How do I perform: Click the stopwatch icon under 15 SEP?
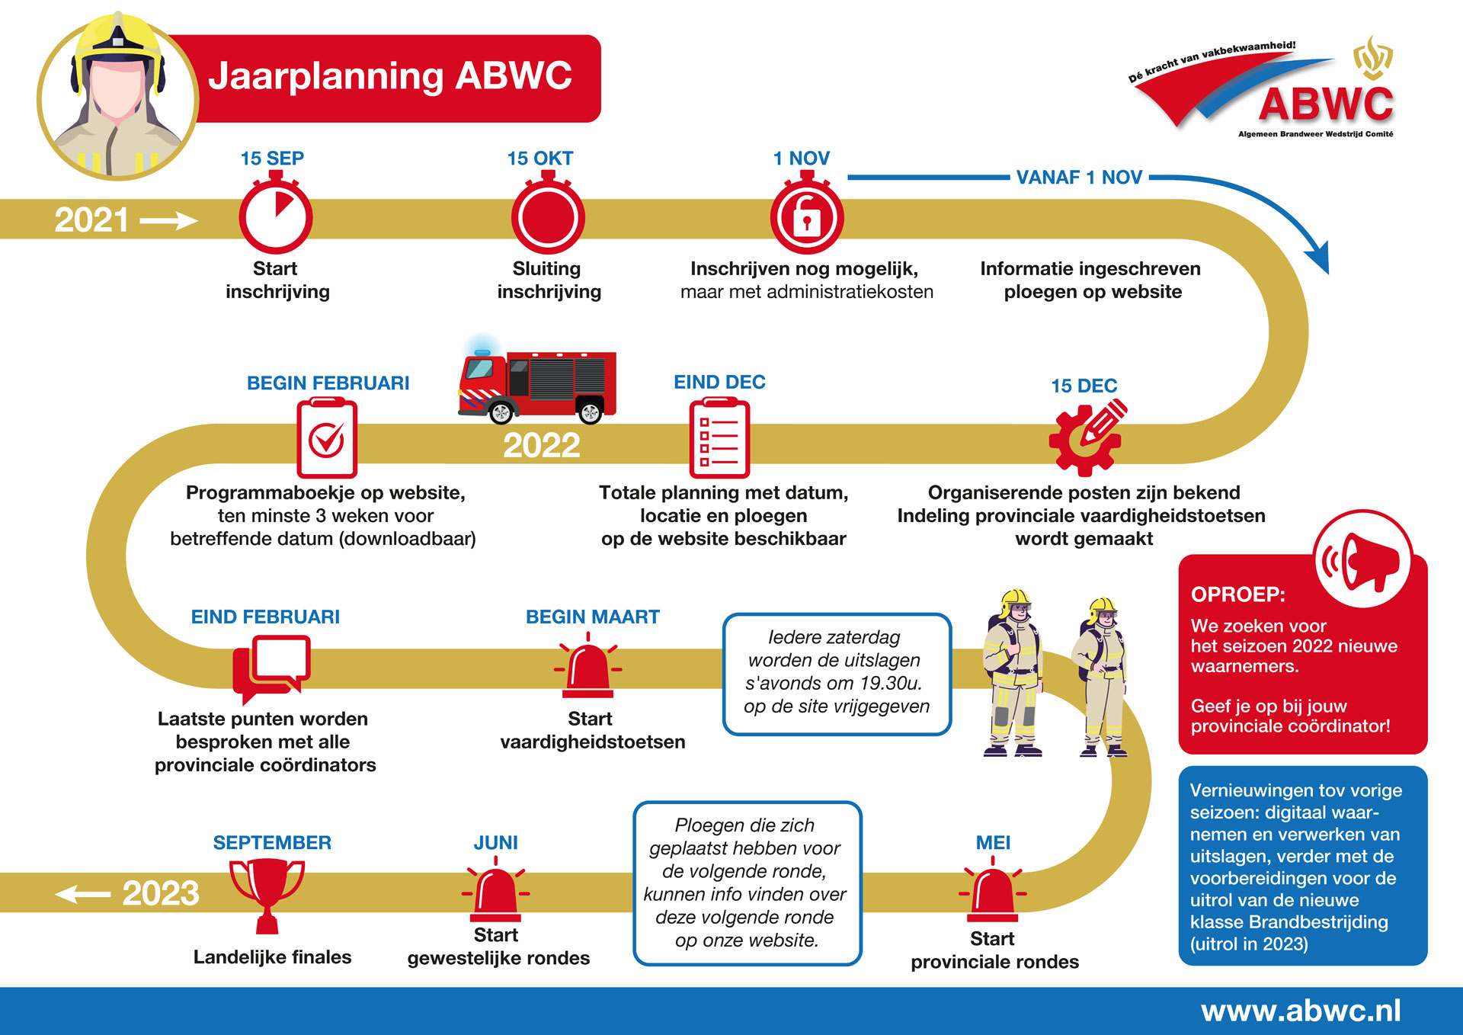[x=276, y=216]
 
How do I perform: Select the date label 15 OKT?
[x=540, y=159]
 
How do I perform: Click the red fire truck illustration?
[x=538, y=386]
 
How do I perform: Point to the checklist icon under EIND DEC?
[x=719, y=439]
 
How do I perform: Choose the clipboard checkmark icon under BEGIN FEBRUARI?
[x=327, y=439]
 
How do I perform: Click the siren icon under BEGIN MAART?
[x=587, y=669]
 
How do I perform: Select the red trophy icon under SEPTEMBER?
[x=267, y=893]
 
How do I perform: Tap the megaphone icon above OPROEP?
[x=1363, y=560]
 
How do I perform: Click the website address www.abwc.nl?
[x=1301, y=1011]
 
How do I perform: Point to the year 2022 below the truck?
[x=542, y=446]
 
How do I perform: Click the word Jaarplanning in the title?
[x=326, y=77]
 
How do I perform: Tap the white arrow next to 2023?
[x=83, y=893]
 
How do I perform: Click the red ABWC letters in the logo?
[x=1326, y=104]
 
